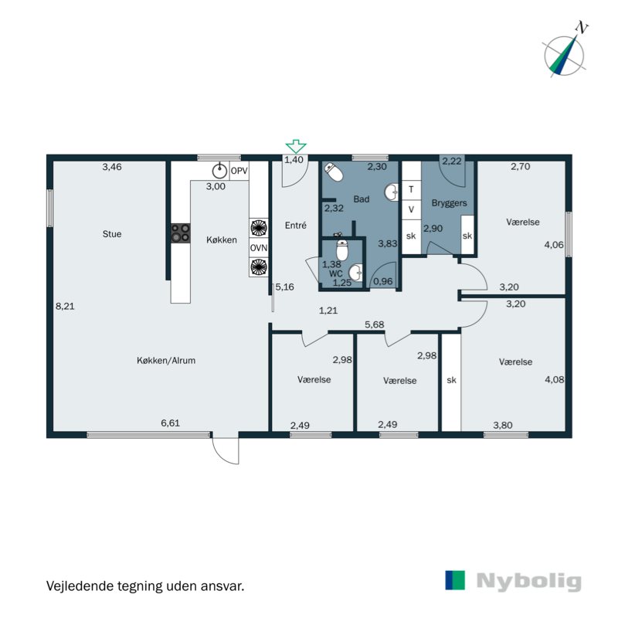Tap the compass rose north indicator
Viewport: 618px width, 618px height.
[x=565, y=51]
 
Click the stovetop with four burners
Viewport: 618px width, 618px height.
[x=180, y=233]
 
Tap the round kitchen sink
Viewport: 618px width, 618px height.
[x=219, y=171]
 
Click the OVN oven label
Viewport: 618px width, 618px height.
[x=258, y=247]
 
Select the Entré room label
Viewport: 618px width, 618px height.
[x=296, y=226]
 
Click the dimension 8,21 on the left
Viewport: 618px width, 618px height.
[x=65, y=306]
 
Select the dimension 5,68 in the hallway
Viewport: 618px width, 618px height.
[x=375, y=324]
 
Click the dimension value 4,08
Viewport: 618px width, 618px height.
[x=554, y=379]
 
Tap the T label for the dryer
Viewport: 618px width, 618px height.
[x=411, y=189]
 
